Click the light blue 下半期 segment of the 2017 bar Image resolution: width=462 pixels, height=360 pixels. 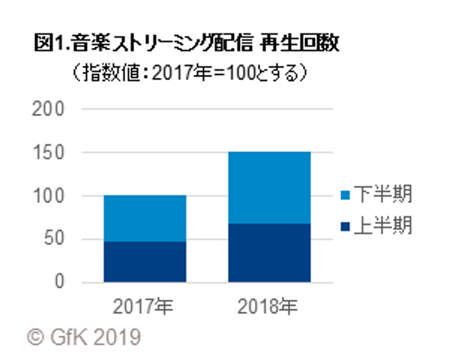tap(144, 218)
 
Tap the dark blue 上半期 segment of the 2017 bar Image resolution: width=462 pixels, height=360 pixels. tap(144, 262)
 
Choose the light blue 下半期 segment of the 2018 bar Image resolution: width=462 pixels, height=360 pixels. tap(269, 188)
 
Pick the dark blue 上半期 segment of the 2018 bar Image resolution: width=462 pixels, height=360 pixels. tap(269, 253)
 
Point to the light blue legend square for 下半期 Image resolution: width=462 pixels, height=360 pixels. tap(345, 195)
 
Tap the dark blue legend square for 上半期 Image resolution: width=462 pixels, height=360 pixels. tap(345, 226)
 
